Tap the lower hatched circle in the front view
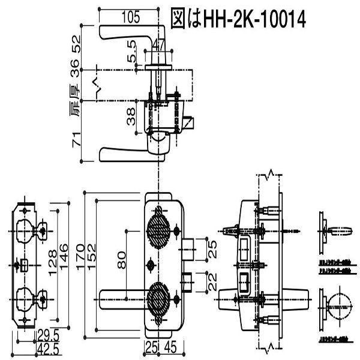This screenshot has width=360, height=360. (160, 296)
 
